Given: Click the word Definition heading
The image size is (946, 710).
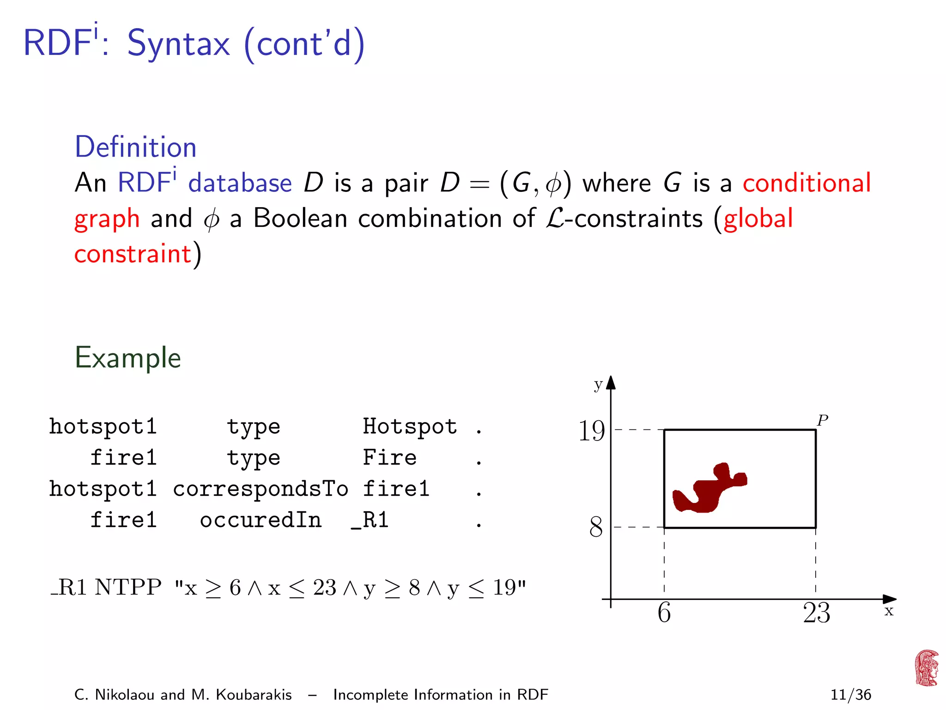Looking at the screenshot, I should pos(135,147).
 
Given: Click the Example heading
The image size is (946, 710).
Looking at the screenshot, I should pos(127,358).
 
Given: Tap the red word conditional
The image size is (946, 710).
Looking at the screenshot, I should pos(807,183).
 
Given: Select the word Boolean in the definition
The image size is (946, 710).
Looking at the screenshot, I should pos(300,218).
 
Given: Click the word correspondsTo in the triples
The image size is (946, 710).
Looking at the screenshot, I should pos(261,489).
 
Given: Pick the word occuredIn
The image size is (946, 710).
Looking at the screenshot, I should pos(261,520).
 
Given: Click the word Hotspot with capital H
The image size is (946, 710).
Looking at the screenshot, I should pos(410,426).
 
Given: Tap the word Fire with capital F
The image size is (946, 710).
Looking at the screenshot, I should pos(389,458).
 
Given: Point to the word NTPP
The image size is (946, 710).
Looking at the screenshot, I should pos(128,588).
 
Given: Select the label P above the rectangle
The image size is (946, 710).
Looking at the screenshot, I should pos(822,420).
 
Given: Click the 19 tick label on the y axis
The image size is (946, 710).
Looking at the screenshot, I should pos(591,431).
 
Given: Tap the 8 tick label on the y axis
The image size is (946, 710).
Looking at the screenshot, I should pos(596,527).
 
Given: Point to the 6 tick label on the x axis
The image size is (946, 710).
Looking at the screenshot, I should pos(664,613).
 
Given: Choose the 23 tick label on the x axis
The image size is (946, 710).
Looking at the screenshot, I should pos(816,613).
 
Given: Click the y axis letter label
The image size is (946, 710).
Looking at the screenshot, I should pos(598,385).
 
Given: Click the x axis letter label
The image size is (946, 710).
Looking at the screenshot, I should pos(889,611).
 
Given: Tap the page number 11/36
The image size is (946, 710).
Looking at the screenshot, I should pos(850,694).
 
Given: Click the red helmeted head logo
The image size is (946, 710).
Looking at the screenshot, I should pos(927,668).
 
